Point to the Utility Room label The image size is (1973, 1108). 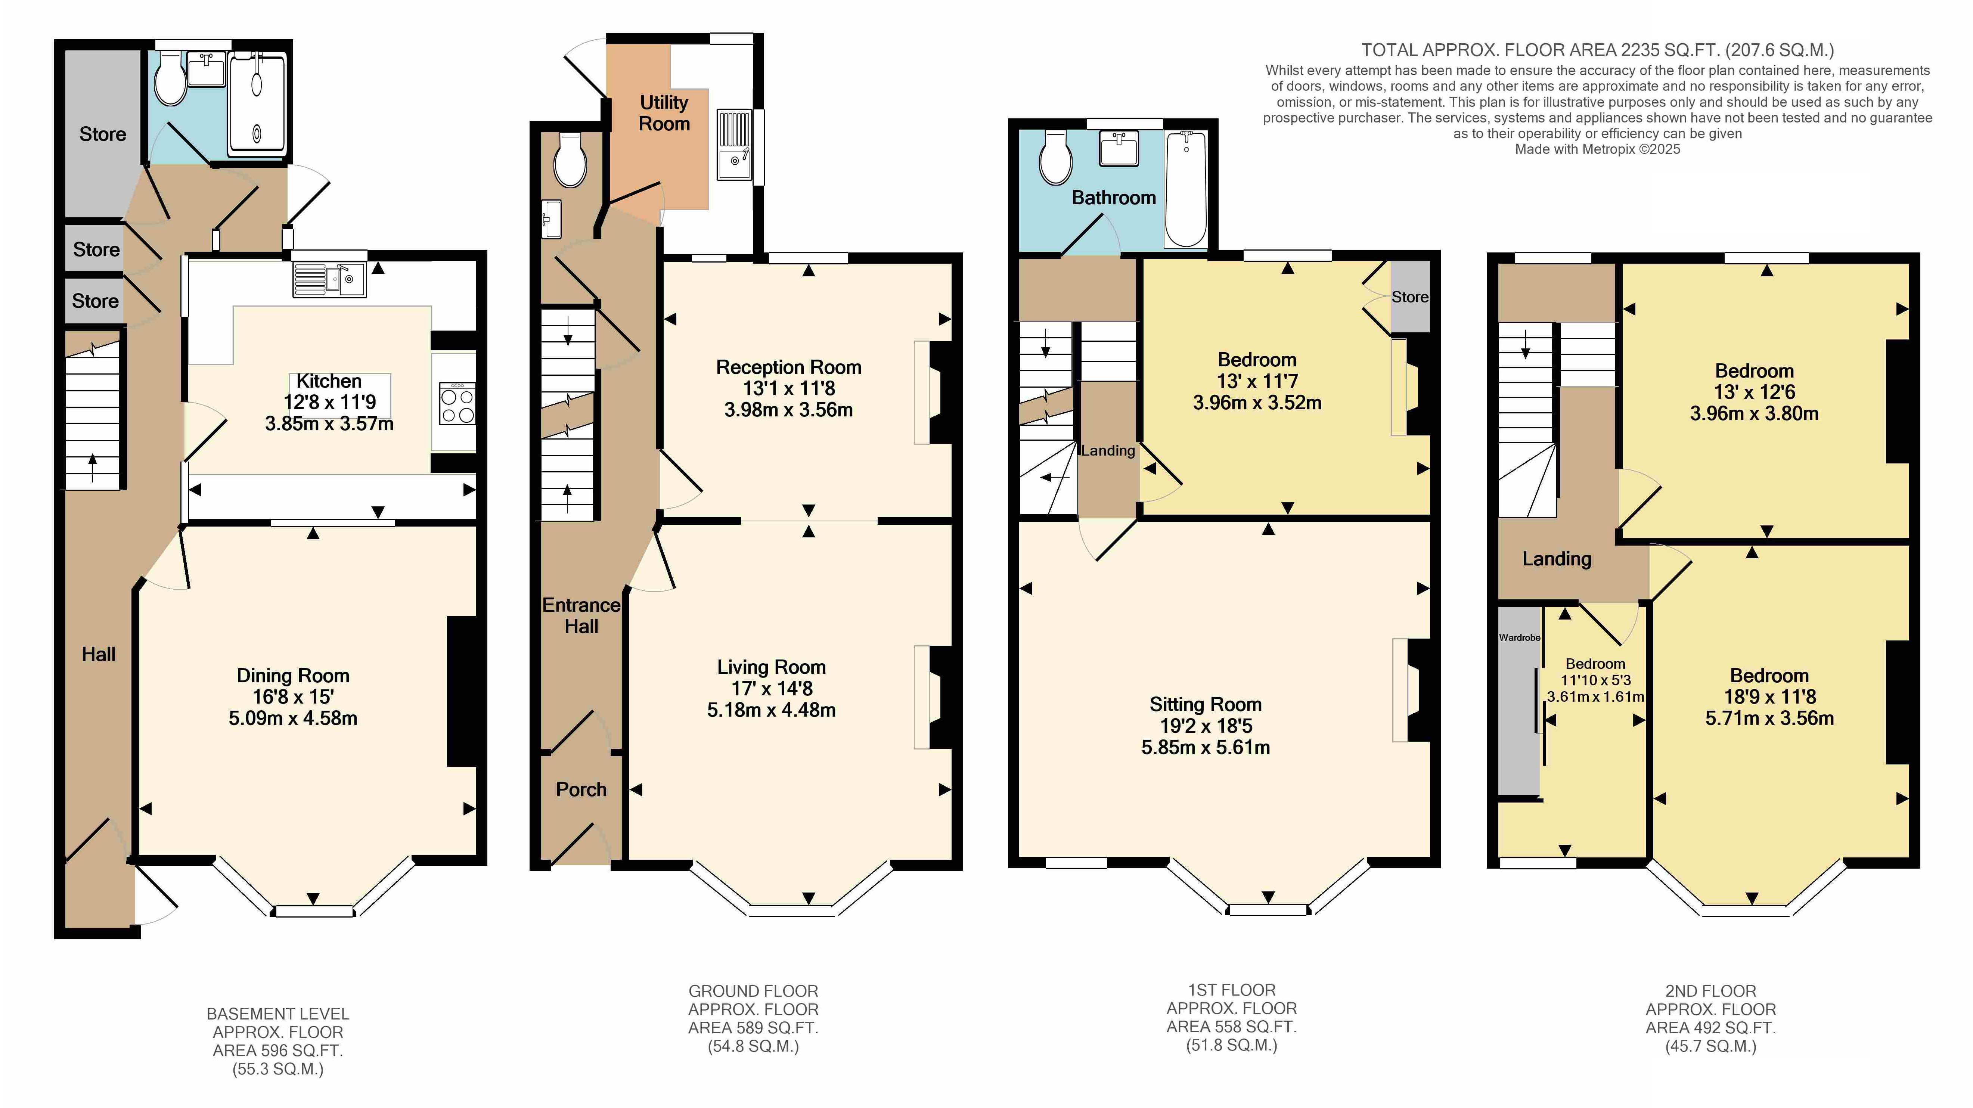(x=664, y=113)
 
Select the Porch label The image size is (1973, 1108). (x=581, y=789)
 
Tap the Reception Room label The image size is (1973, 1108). (x=789, y=367)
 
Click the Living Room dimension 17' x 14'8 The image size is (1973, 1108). (x=771, y=688)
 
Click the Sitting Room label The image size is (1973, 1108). (x=1206, y=704)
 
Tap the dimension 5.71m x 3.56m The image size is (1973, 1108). (x=1769, y=718)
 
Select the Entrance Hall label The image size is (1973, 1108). (x=581, y=616)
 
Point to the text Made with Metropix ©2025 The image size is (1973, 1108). (x=1598, y=149)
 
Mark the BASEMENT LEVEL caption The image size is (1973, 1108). (x=278, y=1014)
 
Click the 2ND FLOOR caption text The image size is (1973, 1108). (x=1710, y=991)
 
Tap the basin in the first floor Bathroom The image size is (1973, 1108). (x=1119, y=148)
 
